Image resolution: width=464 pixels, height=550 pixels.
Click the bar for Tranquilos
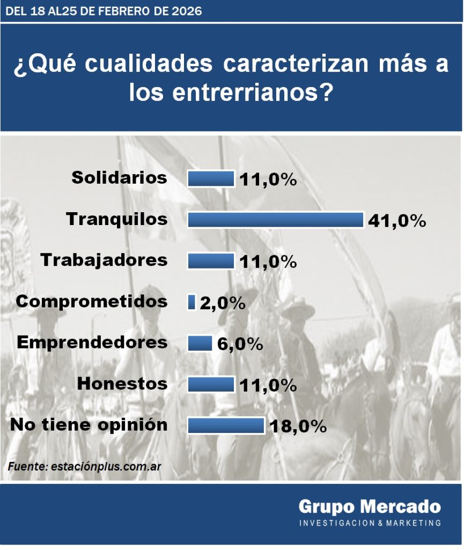[x=275, y=220]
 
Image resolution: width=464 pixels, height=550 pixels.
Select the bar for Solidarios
[x=211, y=178]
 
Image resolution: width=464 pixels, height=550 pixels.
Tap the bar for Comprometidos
[x=192, y=302]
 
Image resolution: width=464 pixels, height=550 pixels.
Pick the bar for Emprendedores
[x=200, y=343]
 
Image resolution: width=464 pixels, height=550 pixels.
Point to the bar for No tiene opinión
[x=225, y=425]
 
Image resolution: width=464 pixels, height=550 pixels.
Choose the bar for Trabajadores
[x=211, y=261]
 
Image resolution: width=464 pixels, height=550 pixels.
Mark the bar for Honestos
[x=211, y=385]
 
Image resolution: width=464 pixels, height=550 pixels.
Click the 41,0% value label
[x=397, y=220]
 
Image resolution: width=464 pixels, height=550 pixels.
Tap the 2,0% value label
[x=223, y=303]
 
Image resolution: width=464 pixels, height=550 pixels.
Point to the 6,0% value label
[x=240, y=344]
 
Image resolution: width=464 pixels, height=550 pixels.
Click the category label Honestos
[x=122, y=384]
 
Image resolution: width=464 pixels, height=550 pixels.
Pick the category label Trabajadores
[x=104, y=260]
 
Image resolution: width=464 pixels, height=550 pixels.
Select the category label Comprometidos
[x=92, y=302]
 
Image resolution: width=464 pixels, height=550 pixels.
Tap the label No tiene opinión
[x=89, y=425]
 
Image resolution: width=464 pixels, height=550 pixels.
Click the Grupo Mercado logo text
[x=370, y=506]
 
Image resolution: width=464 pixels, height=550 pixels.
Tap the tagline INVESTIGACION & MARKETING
[x=370, y=523]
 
